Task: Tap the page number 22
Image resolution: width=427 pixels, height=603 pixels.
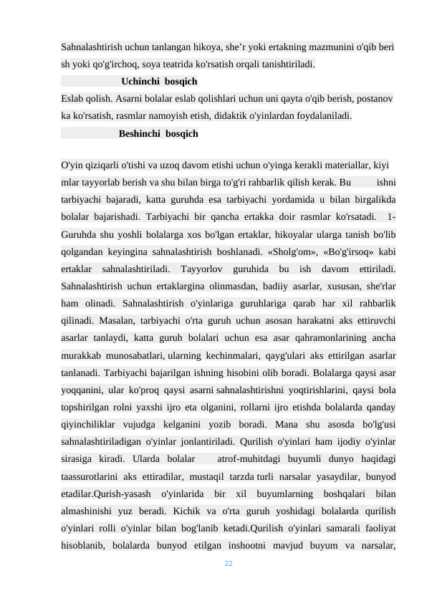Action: pyautogui.click(x=229, y=565)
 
